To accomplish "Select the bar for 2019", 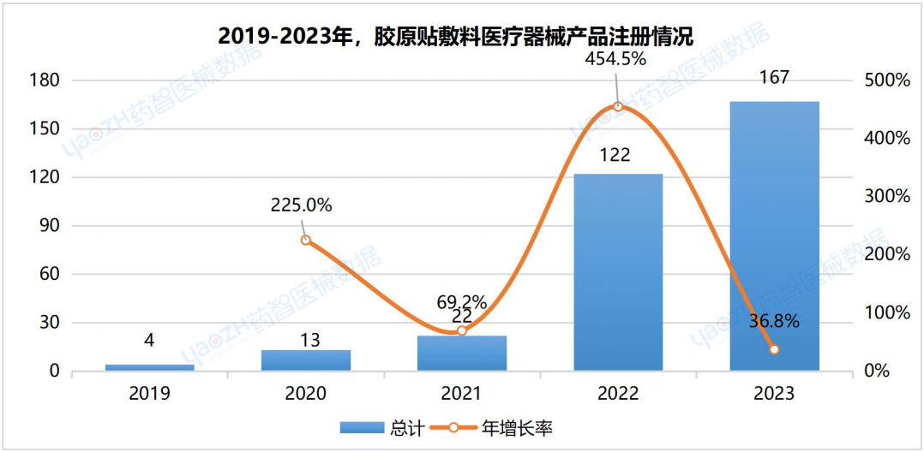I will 150,367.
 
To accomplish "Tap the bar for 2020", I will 306,360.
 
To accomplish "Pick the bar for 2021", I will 462,354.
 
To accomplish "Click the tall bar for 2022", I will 618,272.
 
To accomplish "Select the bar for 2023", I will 774,236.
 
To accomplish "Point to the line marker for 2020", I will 306,241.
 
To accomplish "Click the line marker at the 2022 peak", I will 618,107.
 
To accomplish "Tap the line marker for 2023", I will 774,349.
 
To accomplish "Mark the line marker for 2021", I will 462,330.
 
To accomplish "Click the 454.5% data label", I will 615,59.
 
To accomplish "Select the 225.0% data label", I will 301,205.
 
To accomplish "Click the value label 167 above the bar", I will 774,78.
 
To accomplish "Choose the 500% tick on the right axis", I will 886,80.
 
